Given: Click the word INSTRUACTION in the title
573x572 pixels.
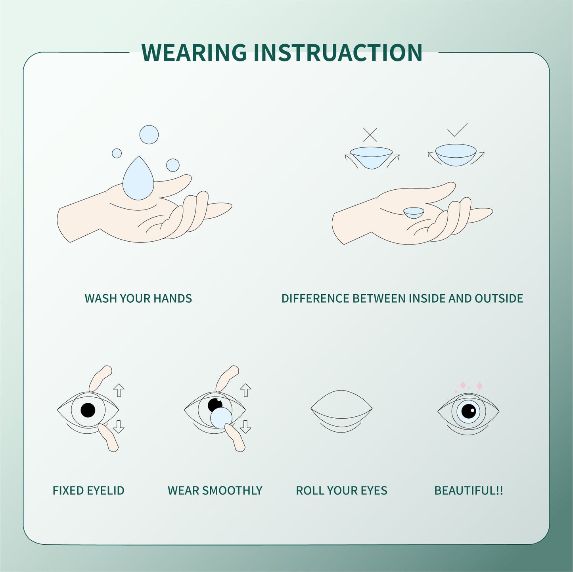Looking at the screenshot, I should click(x=337, y=52).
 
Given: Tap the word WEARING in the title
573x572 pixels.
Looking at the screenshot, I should click(x=194, y=52).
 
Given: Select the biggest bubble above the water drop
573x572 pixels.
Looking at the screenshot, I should click(x=149, y=135).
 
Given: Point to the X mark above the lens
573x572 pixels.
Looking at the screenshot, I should click(x=370, y=135).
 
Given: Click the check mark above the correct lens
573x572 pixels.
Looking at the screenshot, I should click(x=457, y=130).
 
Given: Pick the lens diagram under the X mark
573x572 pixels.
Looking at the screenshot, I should click(x=372, y=156).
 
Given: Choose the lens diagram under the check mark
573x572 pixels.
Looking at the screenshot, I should click(x=456, y=154).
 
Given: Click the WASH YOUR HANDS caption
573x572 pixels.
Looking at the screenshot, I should click(x=138, y=298).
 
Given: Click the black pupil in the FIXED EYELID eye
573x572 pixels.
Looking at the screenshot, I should click(x=88, y=410).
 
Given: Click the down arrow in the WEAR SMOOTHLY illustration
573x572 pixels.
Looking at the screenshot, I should click(x=245, y=427).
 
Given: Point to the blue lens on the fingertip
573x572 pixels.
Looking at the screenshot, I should click(x=221, y=418).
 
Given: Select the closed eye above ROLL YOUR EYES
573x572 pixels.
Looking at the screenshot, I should click(x=341, y=410).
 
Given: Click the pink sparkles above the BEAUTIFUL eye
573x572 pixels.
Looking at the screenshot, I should click(x=471, y=386).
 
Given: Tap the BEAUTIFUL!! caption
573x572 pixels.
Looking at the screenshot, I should click(x=468, y=490).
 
